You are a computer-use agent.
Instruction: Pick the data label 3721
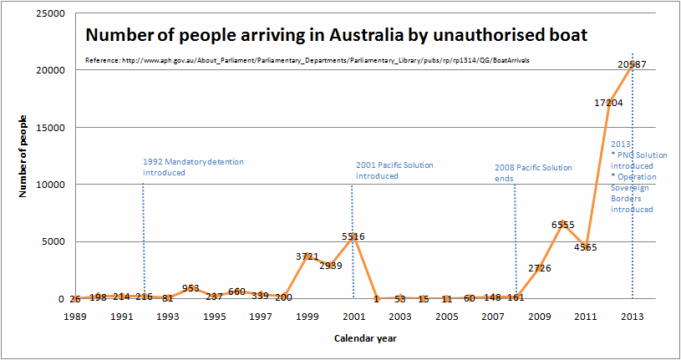click(307, 256)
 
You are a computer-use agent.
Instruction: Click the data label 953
click(191, 288)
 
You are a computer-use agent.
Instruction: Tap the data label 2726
click(539, 268)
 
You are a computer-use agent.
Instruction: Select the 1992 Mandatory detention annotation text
click(193, 167)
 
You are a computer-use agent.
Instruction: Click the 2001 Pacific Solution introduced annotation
click(394, 170)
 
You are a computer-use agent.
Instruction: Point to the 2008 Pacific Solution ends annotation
click(533, 173)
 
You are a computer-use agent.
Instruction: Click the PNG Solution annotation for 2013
click(639, 160)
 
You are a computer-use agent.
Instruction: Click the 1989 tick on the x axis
click(75, 317)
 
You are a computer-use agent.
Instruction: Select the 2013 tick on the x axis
click(632, 317)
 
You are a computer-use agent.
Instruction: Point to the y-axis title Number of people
click(23, 156)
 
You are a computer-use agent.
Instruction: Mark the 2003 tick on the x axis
click(399, 317)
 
